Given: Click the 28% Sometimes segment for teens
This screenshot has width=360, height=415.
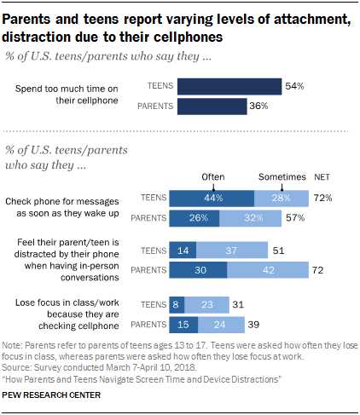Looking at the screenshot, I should coord(281,198).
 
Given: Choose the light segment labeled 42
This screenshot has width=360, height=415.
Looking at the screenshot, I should coord(268,270).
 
